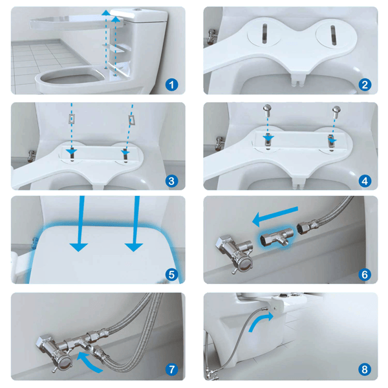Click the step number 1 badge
[x=171, y=84]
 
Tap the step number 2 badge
[x=365, y=84]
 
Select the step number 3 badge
[x=171, y=180]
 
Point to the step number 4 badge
[x=365, y=180]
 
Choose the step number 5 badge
[x=171, y=274]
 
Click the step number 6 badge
[x=365, y=274]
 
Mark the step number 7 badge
[x=171, y=369]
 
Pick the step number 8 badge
[x=365, y=369]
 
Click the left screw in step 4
[x=266, y=111]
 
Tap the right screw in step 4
[x=336, y=111]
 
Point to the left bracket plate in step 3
[x=72, y=120]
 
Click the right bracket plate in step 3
[x=131, y=120]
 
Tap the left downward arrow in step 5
[x=79, y=226]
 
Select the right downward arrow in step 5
[x=135, y=226]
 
